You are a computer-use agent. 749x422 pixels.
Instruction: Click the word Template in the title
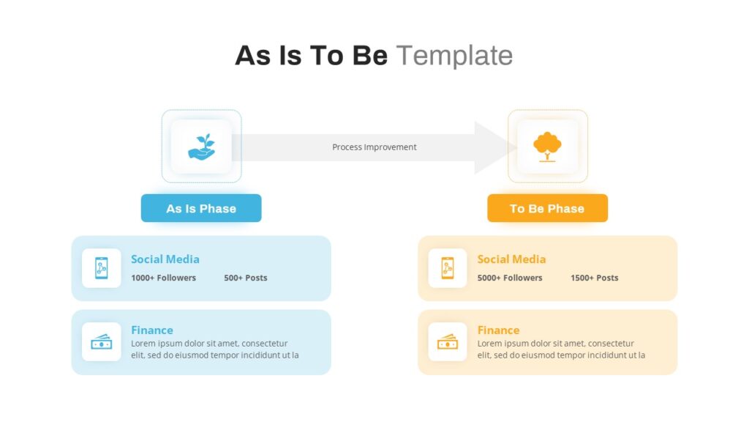[454, 56]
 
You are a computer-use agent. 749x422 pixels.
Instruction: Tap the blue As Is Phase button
[201, 208]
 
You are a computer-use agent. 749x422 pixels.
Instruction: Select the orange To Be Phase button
[547, 208]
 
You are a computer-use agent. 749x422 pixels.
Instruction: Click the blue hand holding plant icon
[202, 147]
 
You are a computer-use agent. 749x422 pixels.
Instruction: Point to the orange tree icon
[547, 147]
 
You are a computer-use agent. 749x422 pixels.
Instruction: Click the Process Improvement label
[374, 147]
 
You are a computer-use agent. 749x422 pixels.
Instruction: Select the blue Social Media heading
[165, 259]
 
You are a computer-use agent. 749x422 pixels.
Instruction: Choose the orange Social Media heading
[511, 259]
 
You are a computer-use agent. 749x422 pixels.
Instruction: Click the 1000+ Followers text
[163, 278]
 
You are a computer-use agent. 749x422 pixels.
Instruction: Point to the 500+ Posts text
[246, 278]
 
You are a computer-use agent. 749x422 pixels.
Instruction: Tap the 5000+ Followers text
[510, 278]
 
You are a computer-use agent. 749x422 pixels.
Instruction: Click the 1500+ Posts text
[594, 278]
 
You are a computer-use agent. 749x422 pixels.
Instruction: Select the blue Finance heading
[152, 330]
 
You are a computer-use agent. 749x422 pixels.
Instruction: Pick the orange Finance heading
[498, 330]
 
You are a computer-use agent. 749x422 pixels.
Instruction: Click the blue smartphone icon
[101, 268]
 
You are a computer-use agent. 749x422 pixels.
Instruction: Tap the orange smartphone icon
[448, 268]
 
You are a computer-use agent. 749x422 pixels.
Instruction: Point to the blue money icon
[101, 341]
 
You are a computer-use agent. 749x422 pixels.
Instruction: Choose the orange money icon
[448, 341]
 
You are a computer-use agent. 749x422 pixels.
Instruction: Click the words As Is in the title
[268, 56]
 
